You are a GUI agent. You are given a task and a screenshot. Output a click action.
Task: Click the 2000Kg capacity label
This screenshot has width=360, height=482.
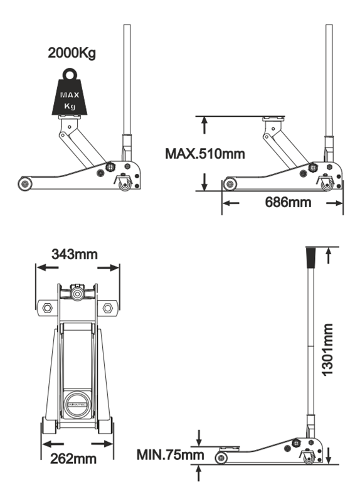(x=72, y=53)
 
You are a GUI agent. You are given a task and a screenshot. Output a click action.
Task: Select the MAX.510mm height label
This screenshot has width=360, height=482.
(x=205, y=154)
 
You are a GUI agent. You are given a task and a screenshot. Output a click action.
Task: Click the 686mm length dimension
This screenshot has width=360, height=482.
(x=288, y=202)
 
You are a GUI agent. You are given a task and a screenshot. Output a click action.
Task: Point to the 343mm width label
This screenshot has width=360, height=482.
(x=75, y=254)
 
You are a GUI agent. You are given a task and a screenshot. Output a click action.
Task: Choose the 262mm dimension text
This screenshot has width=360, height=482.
(x=73, y=459)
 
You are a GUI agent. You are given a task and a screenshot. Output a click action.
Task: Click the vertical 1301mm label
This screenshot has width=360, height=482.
(x=327, y=350)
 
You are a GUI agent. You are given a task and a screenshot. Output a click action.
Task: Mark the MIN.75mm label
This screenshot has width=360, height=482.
(x=170, y=454)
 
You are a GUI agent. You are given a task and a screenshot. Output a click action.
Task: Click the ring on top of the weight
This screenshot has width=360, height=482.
(x=70, y=75)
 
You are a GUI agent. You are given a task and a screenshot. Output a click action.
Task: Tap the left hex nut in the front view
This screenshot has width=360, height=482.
(x=47, y=308)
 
